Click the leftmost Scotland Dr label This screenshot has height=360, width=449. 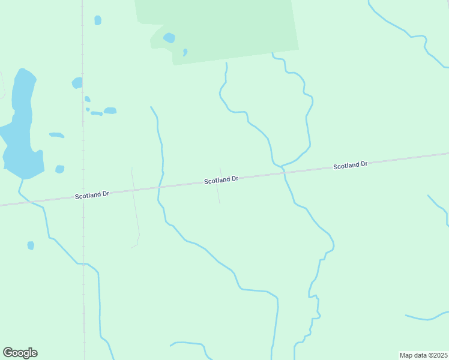92,195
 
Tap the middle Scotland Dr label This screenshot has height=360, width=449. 221,179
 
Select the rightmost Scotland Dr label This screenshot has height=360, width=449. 350,164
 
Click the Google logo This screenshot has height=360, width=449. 20,353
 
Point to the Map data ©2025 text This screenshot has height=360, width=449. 423,355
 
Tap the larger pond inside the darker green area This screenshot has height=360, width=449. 169,38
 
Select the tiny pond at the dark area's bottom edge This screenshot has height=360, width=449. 185,52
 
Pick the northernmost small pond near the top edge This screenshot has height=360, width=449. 98,20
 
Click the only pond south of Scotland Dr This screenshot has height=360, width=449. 31,245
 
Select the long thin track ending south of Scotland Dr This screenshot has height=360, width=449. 136,210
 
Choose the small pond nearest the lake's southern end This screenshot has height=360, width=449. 59,169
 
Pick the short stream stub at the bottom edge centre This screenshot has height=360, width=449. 189,344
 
